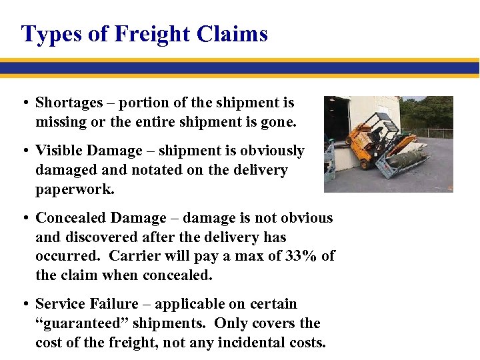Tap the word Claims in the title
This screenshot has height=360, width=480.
(235, 33)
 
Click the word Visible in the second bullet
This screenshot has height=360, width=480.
(55, 151)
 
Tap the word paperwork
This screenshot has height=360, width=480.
(75, 189)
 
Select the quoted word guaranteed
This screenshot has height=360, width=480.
(93, 323)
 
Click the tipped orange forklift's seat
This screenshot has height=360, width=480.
(376, 134)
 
